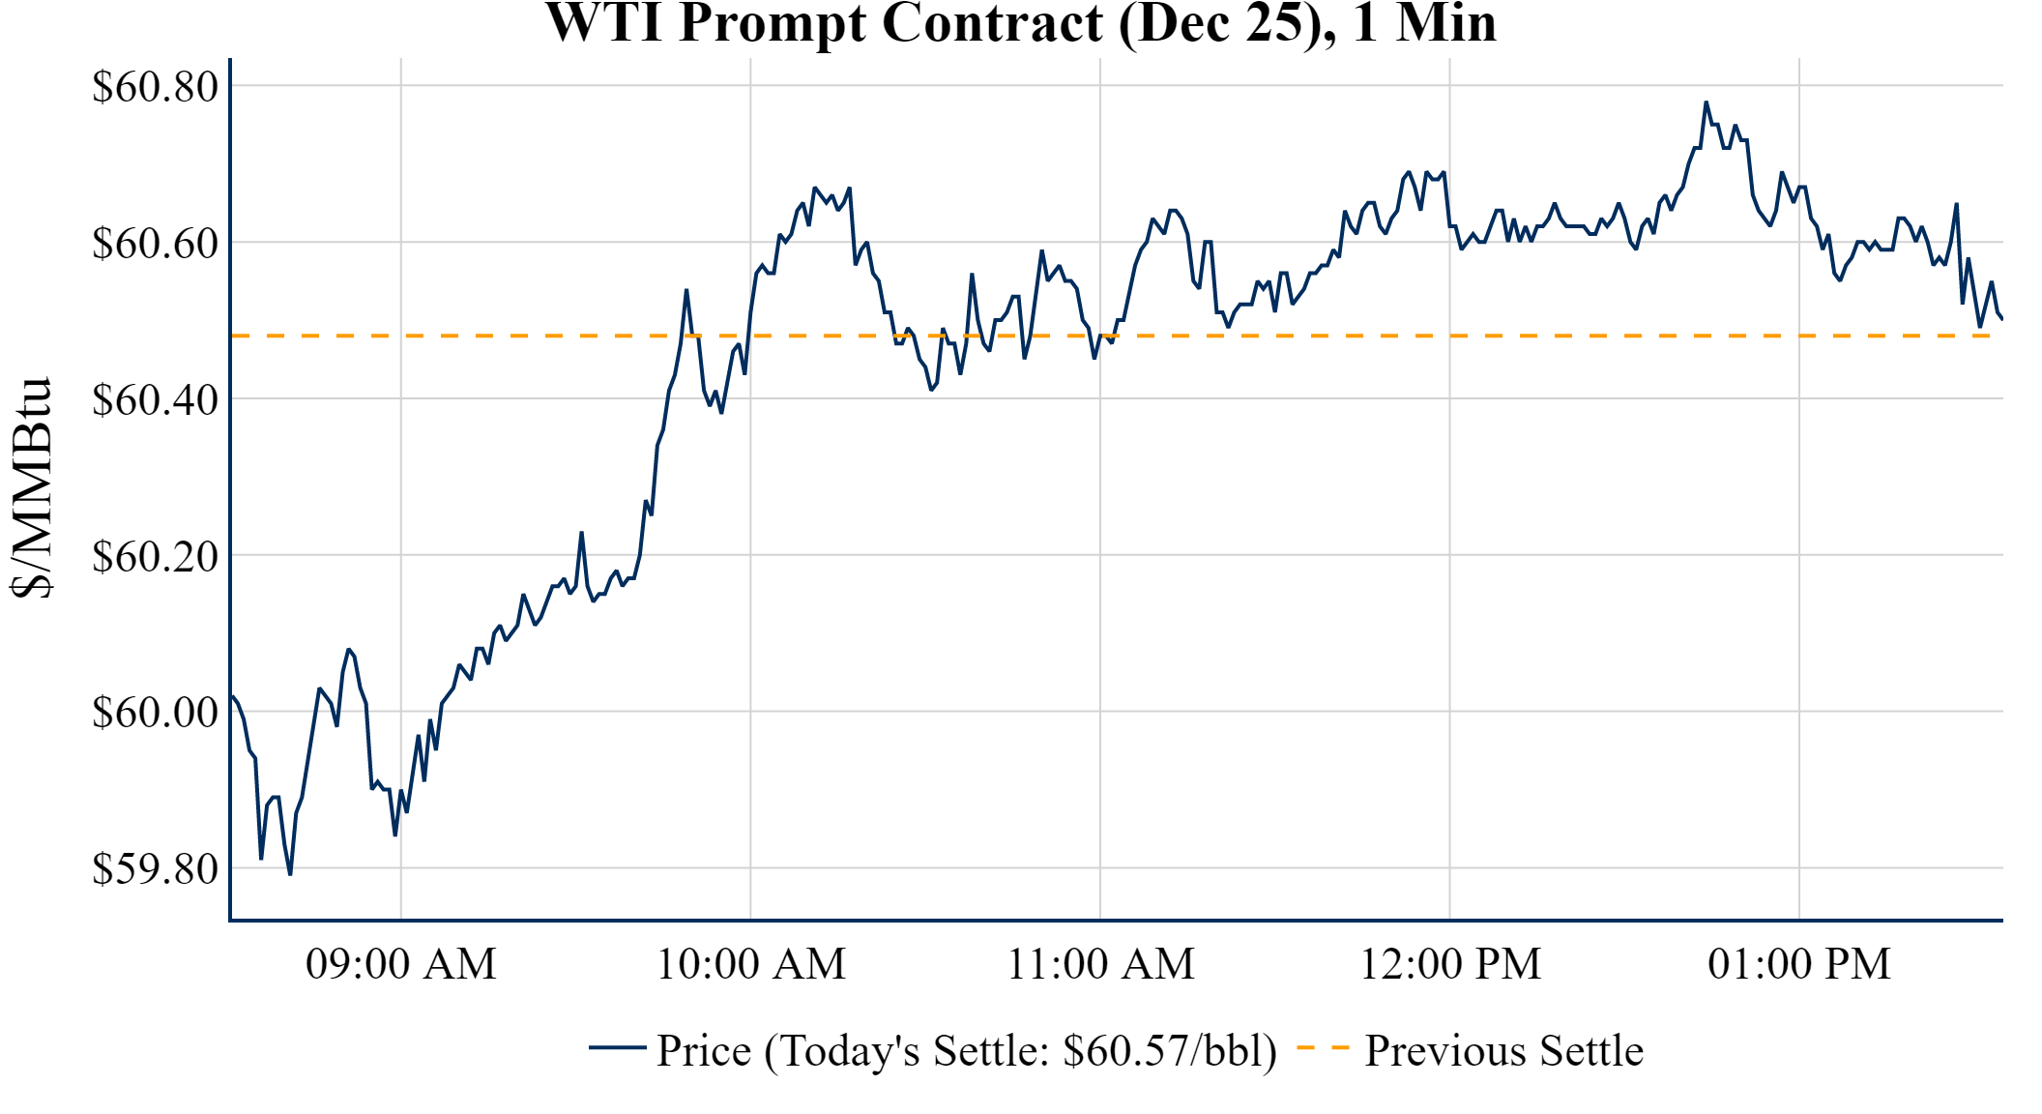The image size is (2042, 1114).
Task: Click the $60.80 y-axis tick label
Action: pyautogui.click(x=155, y=87)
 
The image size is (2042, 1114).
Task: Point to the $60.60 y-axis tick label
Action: pyautogui.click(x=155, y=244)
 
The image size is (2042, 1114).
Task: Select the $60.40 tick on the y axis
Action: pyautogui.click(x=155, y=400)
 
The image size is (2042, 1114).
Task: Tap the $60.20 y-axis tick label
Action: pyautogui.click(x=155, y=557)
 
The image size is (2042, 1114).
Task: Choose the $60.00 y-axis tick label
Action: pyautogui.click(x=155, y=714)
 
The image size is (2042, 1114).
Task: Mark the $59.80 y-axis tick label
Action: pyautogui.click(x=155, y=869)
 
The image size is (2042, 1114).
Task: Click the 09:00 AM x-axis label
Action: pyautogui.click(x=401, y=964)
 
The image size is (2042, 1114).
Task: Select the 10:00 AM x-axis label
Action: pyautogui.click(x=751, y=964)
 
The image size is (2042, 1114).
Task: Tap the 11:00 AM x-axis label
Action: pyautogui.click(x=1100, y=964)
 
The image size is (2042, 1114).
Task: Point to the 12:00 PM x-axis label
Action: pyautogui.click(x=1450, y=964)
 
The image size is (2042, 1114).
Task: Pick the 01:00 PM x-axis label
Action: pyautogui.click(x=1799, y=964)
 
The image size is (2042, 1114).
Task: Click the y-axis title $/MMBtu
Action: pyautogui.click(x=31, y=488)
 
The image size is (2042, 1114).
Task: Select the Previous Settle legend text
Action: pyautogui.click(x=1503, y=1051)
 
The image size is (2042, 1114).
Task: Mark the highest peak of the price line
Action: pyautogui.click(x=1706, y=102)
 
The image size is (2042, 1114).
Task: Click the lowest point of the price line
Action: pyautogui.click(x=290, y=874)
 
